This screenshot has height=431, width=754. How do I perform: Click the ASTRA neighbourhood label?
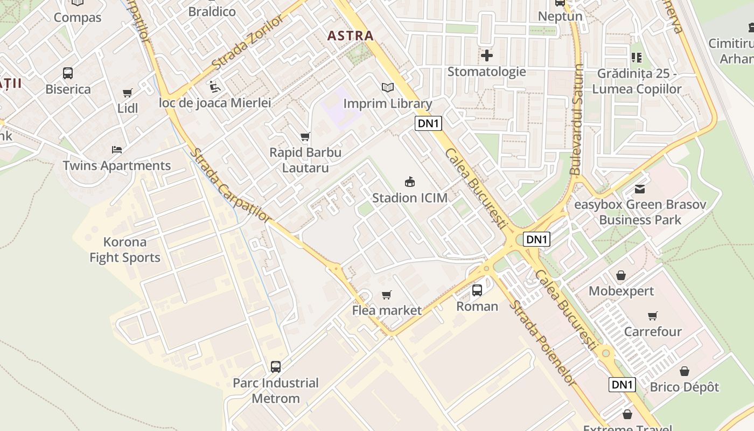(x=350, y=36)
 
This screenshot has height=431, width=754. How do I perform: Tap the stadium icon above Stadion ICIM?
(x=410, y=182)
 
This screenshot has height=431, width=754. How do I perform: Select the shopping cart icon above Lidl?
(x=128, y=93)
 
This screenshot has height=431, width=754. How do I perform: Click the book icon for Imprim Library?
(x=387, y=87)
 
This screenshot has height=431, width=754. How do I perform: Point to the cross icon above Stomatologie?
(x=487, y=55)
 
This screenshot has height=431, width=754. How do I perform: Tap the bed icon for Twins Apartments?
(x=117, y=149)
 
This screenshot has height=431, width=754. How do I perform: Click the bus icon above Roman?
(x=477, y=290)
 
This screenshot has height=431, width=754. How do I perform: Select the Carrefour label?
(x=653, y=331)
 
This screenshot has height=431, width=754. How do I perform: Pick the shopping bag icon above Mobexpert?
(x=621, y=275)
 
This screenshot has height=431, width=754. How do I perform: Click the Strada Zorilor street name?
(x=247, y=43)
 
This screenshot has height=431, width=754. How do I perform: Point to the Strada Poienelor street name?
(x=542, y=343)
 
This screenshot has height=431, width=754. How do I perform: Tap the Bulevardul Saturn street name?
(x=577, y=120)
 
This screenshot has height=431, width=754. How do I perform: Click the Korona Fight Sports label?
(x=125, y=250)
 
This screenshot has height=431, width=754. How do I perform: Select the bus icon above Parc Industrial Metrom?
(x=276, y=367)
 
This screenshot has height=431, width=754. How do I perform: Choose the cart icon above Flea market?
(x=386, y=295)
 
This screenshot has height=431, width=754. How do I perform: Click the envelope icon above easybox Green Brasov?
(x=640, y=189)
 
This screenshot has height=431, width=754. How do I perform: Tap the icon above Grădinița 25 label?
(x=637, y=57)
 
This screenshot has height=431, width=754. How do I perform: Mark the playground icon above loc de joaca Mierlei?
(x=214, y=86)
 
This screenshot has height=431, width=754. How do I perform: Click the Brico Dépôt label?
(x=684, y=387)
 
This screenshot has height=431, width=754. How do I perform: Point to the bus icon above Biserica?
(x=68, y=73)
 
